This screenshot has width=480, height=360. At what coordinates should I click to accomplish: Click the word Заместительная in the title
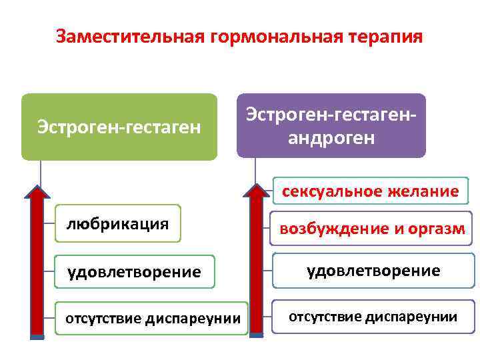coord(131,36)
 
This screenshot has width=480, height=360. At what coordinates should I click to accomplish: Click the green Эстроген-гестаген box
coord(119,126)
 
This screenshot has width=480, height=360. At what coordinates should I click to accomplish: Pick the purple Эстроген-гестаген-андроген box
coord(331,125)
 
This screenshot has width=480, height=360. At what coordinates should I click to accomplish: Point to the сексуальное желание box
coord(370,191)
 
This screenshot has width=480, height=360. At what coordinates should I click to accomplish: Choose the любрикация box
coord(117,223)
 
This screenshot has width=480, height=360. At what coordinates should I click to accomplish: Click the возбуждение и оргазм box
coord(372,229)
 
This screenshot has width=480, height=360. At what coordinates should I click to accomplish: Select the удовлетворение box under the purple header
coord(373,270)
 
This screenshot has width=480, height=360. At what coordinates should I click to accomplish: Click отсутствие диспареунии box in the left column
coord(152,318)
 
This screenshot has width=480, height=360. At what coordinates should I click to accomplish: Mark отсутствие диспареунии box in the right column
coord(373,317)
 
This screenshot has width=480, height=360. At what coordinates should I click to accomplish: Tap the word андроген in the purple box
coord(331,138)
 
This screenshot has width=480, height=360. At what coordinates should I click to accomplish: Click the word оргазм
coord(437,229)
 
